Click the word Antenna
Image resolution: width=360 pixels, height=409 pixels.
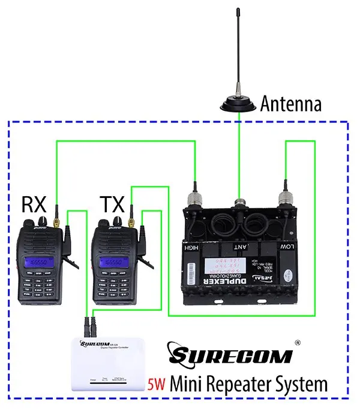click(290, 104)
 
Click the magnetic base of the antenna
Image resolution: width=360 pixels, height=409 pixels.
click(239, 106)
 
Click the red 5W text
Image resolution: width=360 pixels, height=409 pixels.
click(155, 383)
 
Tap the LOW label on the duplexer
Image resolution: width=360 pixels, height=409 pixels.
click(287, 247)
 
